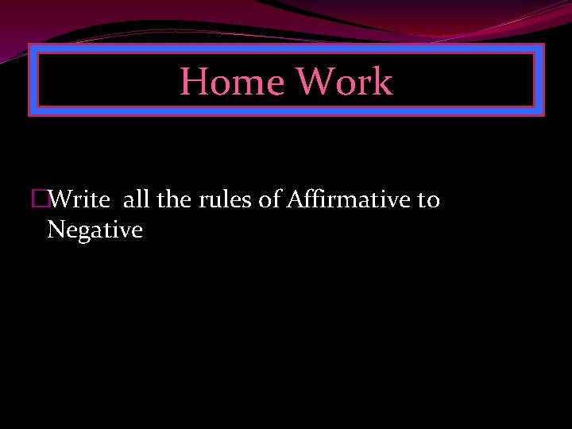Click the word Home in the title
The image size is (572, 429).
tap(232, 82)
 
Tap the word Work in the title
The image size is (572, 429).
tap(344, 82)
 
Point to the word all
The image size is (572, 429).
tap(136, 199)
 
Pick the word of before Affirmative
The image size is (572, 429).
tap(268, 199)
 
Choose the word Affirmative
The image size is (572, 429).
tap(346, 199)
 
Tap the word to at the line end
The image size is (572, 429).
tap(428, 199)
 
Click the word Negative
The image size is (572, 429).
tap(95, 230)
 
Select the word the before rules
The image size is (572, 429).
tap(174, 199)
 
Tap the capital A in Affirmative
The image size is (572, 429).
tap(293, 199)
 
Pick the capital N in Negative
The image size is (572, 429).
tap(56, 230)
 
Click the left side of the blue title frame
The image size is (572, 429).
tap(33, 80)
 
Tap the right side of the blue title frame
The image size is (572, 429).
tap(539, 80)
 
